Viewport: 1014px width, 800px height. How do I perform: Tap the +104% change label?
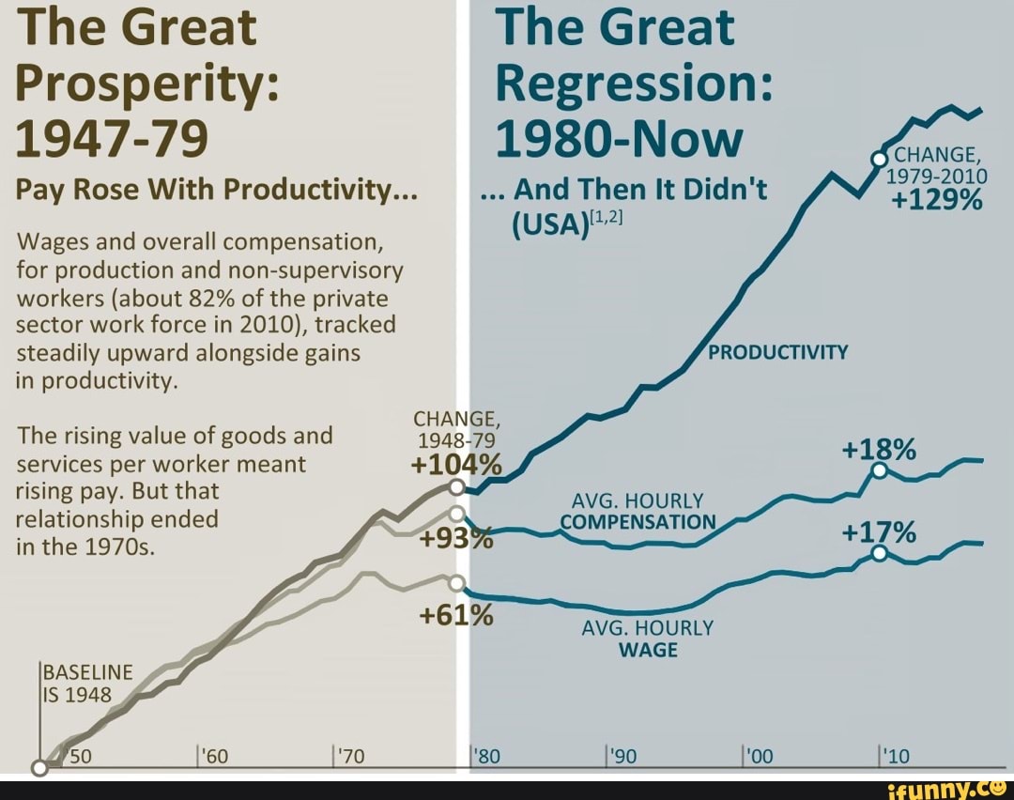pyautogui.click(x=456, y=466)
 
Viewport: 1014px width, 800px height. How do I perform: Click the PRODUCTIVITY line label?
pyautogui.click(x=777, y=353)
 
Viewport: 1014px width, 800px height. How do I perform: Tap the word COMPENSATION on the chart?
pyautogui.click(x=638, y=522)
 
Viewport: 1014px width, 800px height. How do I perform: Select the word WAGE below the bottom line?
pyautogui.click(x=648, y=650)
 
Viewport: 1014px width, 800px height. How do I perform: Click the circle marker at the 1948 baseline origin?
pyautogui.click(x=39, y=768)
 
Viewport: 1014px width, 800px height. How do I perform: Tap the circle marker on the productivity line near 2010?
pyautogui.click(x=880, y=160)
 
